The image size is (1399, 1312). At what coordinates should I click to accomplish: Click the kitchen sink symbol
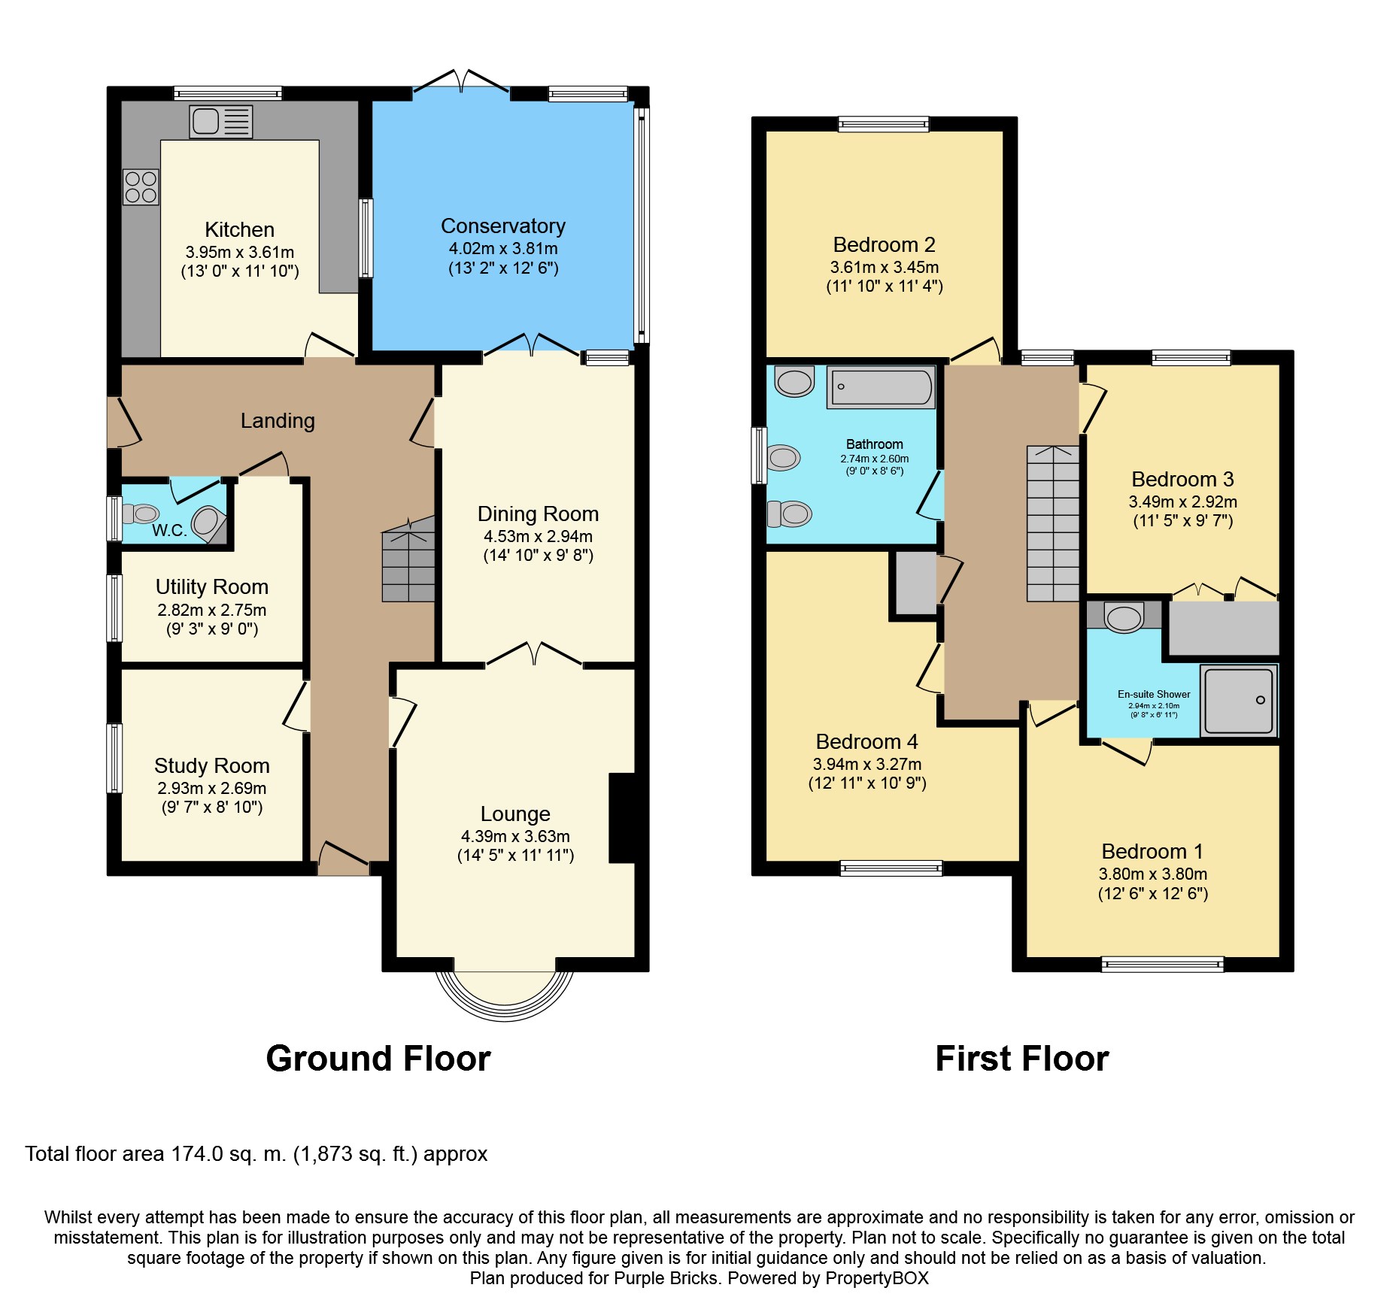click(x=220, y=122)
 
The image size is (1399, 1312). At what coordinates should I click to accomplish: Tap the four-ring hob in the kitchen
click(x=141, y=187)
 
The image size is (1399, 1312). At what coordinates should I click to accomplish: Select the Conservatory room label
click(x=502, y=226)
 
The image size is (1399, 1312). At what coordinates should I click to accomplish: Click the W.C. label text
click(x=169, y=530)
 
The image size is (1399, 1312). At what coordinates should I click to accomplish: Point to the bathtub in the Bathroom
click(x=881, y=388)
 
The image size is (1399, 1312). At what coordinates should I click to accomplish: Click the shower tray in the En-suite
click(x=1238, y=700)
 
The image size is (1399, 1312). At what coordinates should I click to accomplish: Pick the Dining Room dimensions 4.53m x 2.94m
click(x=538, y=537)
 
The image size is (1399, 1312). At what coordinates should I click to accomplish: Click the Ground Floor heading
click(x=378, y=1059)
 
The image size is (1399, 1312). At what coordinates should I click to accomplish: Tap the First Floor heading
click(x=1021, y=1059)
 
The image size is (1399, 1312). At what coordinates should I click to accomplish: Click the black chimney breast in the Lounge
click(x=624, y=818)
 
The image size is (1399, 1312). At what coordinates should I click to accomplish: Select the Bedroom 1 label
click(x=1152, y=851)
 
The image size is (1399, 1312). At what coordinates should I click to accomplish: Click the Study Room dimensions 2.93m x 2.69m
click(x=211, y=788)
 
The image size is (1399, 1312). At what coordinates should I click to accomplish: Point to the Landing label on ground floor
click(x=278, y=421)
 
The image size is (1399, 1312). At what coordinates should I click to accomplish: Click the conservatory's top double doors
click(x=461, y=83)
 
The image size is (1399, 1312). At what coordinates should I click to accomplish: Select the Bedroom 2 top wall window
click(x=883, y=124)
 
